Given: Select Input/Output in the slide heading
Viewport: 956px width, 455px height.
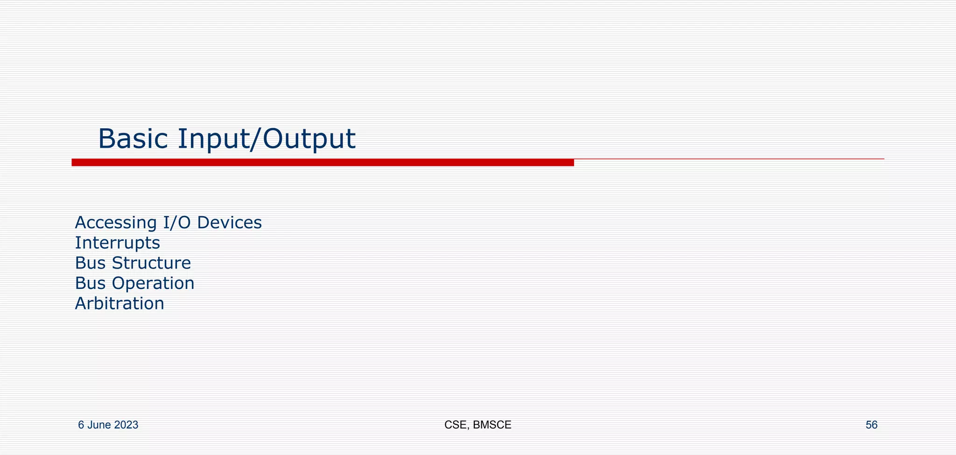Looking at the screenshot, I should [267, 139].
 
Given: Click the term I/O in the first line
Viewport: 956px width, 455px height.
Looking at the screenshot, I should [177, 223].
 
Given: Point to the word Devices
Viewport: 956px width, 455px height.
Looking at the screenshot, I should [229, 223].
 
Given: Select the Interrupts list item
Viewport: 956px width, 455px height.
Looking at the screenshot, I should [118, 243].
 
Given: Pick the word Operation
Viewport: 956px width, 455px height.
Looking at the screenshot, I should [153, 283].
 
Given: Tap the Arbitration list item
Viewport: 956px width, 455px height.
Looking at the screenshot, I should [119, 303].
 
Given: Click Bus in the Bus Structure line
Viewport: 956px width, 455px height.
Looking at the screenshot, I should [91, 263].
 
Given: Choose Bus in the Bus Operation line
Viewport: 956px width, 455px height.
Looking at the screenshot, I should [91, 283].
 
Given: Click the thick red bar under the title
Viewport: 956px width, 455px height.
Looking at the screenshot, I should [322, 162].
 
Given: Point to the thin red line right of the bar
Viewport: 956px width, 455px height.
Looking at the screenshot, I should [728, 159].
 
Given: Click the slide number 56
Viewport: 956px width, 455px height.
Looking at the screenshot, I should [872, 425].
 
